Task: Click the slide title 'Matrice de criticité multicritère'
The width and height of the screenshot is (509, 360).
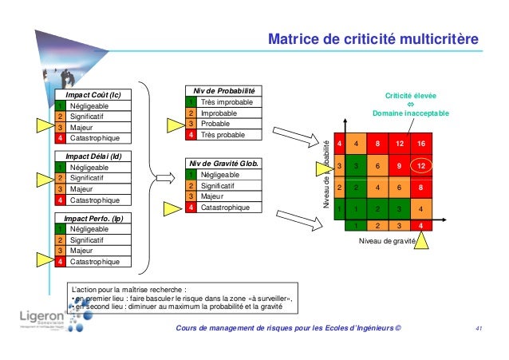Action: coord(373,39)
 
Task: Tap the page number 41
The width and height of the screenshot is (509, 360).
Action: coord(479,329)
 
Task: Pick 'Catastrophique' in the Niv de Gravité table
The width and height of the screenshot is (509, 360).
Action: coord(230,207)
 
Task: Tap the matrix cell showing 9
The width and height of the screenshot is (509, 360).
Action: coord(393,165)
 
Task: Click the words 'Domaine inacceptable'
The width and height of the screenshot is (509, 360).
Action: coord(410,113)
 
